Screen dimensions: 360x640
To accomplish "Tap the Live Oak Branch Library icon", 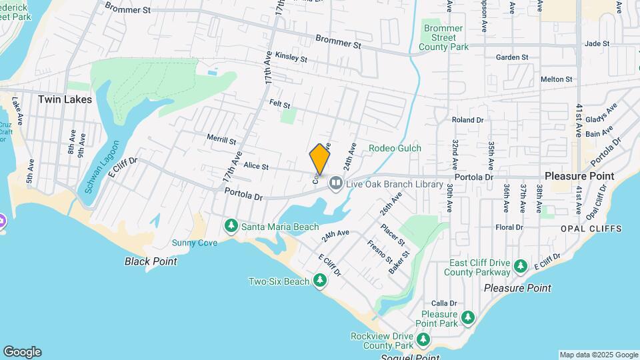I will pos(336,183).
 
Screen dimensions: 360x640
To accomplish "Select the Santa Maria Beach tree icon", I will pos(231,227).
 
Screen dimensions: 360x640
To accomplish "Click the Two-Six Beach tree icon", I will pos(321,281).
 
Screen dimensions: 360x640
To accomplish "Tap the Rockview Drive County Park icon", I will pos(423,341).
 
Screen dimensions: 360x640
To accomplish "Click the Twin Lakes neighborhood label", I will pos(65,99).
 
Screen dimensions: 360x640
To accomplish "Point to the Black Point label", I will pos(151,261).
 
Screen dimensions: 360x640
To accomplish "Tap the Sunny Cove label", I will pos(195,243).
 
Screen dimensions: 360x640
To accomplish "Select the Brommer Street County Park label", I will pos(443,37).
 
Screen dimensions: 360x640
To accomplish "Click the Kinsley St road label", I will pos(291,58).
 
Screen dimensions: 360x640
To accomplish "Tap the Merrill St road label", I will pos(221,141).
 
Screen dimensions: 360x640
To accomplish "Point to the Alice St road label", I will pos(255,166).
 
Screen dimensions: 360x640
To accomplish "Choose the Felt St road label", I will pos(280,105).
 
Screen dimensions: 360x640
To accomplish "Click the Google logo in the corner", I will pos(22,352).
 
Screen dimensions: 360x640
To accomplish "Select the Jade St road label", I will pos(597,43).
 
